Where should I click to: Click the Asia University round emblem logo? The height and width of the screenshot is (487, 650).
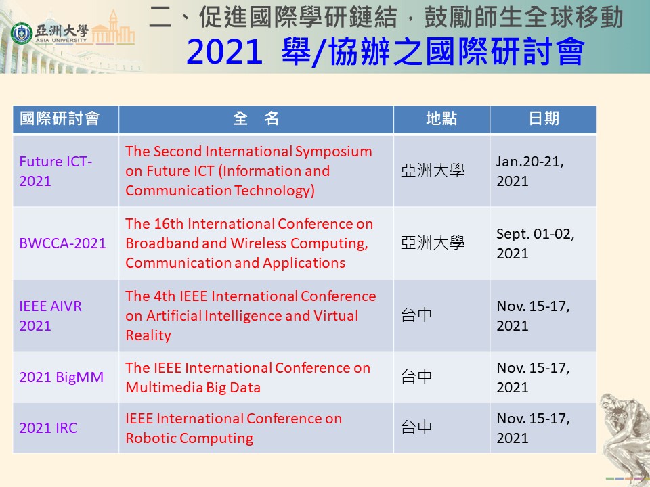pos(21,34)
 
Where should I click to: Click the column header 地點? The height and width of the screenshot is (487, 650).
pos(441,119)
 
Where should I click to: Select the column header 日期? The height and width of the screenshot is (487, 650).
pos(544,119)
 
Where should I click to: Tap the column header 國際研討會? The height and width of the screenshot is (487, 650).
pos(60,119)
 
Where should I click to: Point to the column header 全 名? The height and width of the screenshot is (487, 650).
pos(256,119)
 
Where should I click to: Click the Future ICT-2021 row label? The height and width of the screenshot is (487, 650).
pos(56,171)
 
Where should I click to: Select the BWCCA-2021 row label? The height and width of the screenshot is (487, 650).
pos(62,243)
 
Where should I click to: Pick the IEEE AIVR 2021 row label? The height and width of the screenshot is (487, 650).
pos(50,316)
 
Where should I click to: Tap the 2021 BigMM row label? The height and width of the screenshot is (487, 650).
pos(62,377)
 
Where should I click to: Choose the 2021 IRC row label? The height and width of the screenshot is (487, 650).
pos(48,427)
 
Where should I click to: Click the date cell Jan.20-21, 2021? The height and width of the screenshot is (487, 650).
pos(529,171)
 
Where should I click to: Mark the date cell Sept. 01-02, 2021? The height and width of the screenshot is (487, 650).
pos(535,243)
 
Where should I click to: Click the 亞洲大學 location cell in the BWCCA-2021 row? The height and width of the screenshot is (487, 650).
pos(433,243)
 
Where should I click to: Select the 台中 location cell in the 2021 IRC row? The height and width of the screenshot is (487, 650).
pos(416,427)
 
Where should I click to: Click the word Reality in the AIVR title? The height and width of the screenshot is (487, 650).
pos(148,335)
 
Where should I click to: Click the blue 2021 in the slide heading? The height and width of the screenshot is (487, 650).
pos(225,52)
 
